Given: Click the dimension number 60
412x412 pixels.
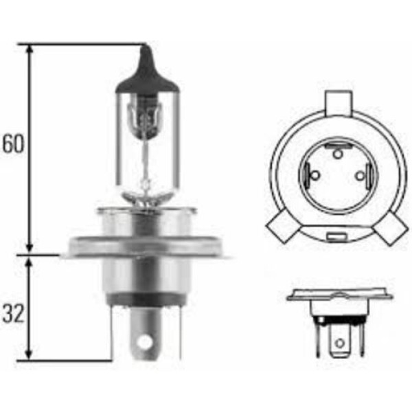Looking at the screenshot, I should (x=14, y=144).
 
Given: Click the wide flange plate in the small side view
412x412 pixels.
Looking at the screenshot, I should (x=339, y=296).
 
